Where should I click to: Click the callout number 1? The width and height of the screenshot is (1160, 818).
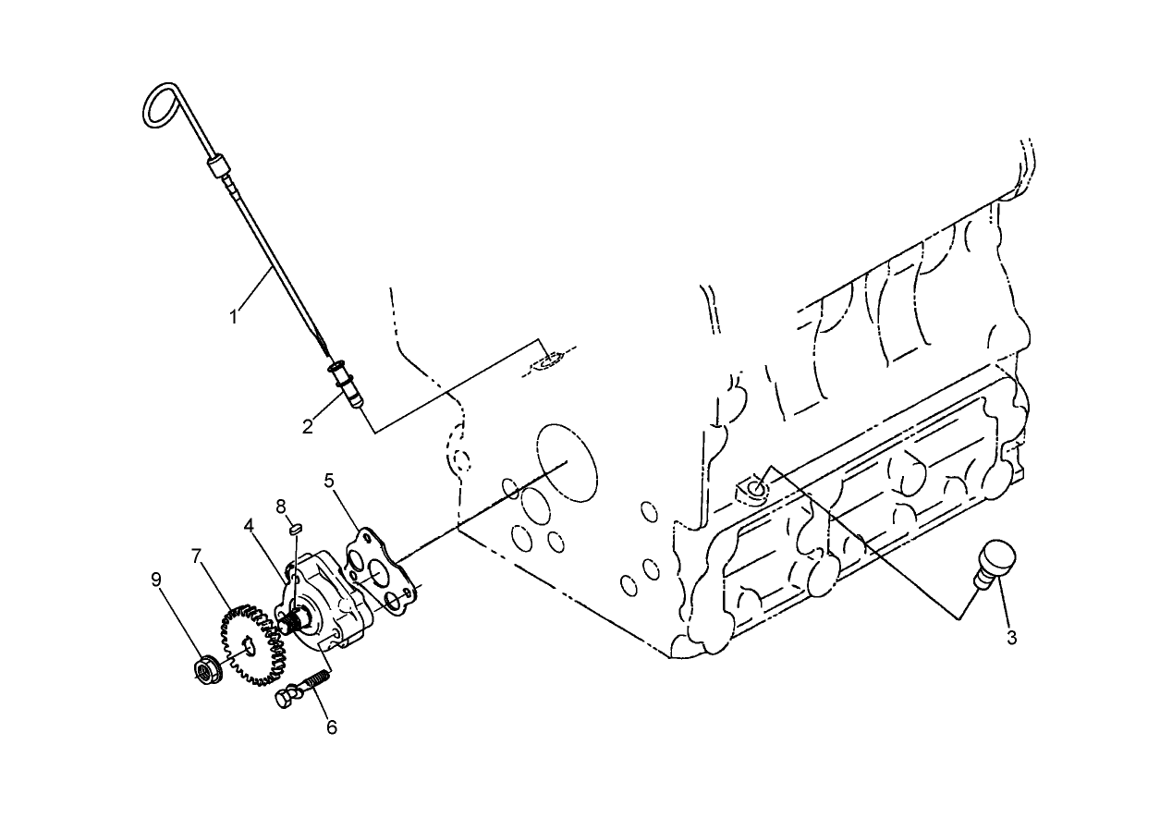click(235, 316)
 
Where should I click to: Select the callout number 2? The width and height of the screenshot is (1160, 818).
click(307, 426)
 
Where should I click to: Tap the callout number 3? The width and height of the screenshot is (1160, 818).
click(1012, 638)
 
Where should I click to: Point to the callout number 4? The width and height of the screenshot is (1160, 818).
click(250, 525)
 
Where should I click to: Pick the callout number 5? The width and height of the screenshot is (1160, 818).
click(329, 481)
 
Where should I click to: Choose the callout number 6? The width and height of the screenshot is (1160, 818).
click(331, 726)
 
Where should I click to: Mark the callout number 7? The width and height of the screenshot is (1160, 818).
click(196, 556)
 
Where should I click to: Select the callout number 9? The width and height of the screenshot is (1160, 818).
click(156, 580)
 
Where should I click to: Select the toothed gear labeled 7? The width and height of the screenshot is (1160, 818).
click(251, 645)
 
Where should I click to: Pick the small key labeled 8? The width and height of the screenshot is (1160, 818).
click(297, 529)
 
